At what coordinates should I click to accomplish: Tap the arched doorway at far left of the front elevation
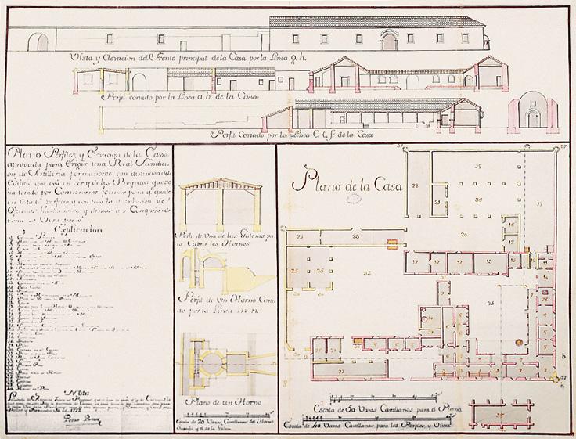(42, 43)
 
